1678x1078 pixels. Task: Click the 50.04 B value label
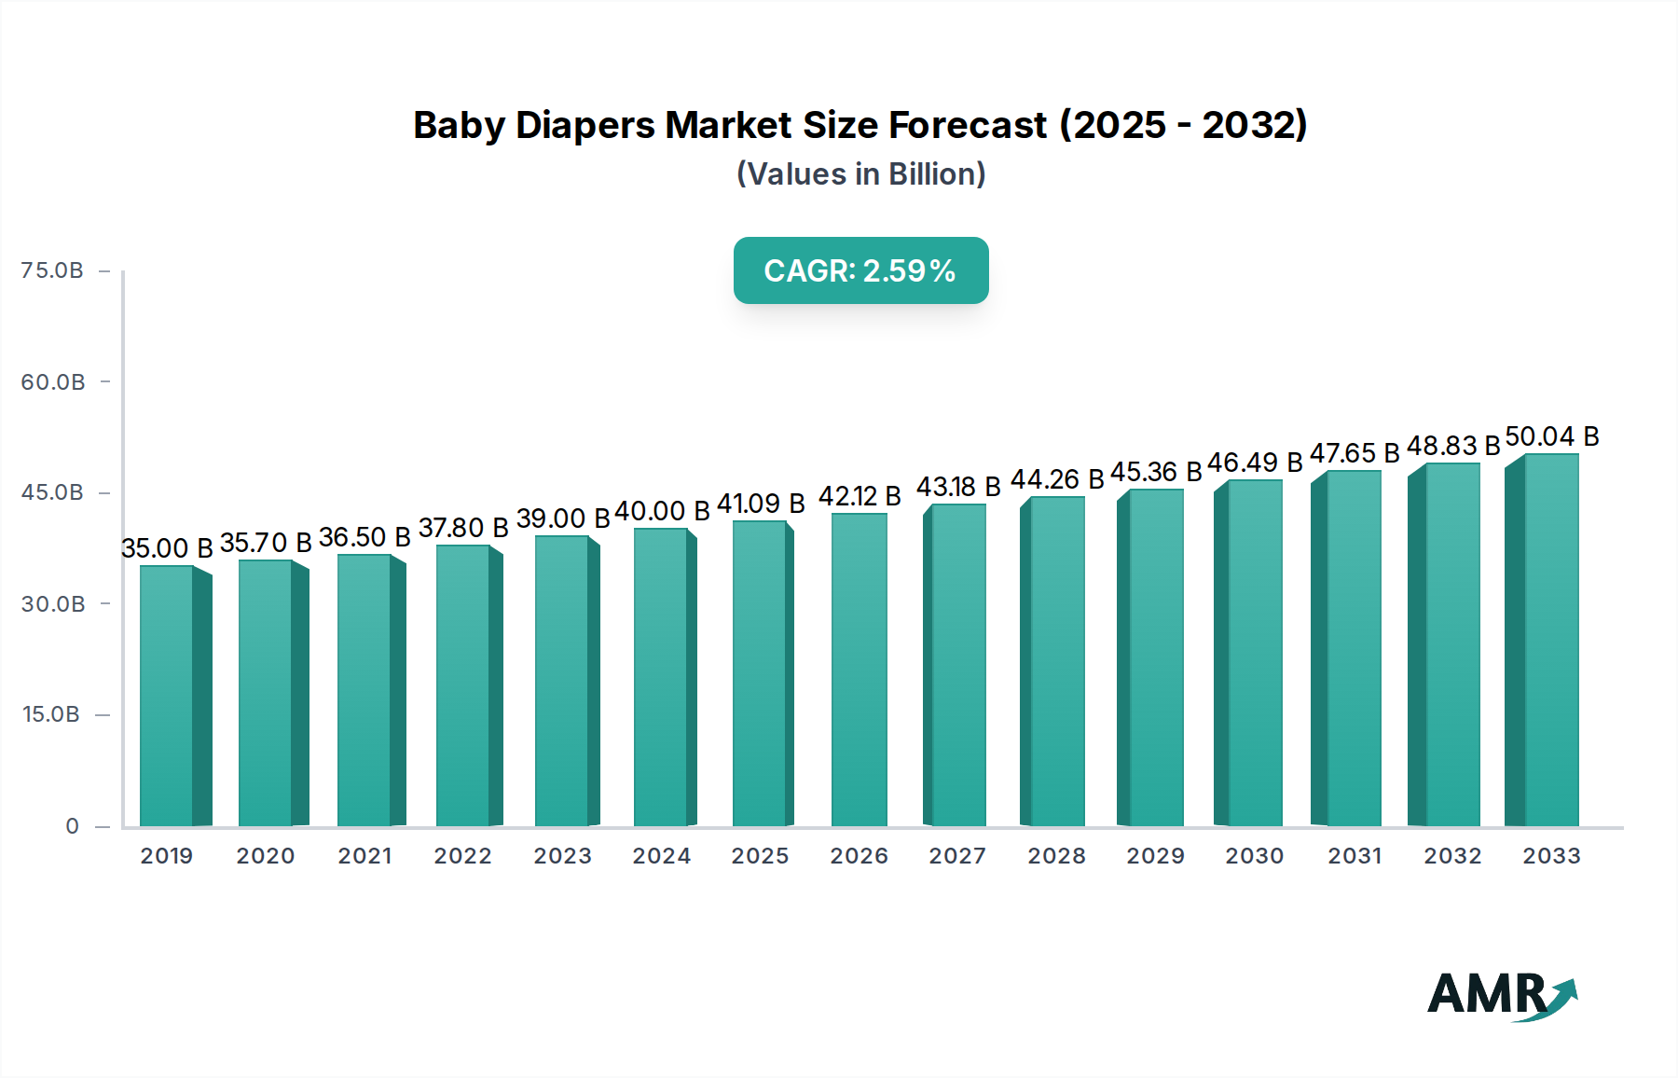1552,436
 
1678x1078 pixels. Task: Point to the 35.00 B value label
167,548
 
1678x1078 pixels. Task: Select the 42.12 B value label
860,496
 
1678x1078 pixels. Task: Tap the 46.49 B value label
1255,463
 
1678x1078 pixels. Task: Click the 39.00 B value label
563,518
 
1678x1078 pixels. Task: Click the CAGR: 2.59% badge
860,270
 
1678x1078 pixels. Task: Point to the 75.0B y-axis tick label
52,270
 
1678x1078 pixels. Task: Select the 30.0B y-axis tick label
53,604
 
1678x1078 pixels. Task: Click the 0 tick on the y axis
72,826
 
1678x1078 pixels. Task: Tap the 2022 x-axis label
462,856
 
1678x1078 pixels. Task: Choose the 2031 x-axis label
1355,856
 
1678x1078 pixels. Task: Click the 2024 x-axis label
661,856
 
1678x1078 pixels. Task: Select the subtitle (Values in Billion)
860,174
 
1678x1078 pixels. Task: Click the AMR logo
1502,995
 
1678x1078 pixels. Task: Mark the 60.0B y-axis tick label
53,382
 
